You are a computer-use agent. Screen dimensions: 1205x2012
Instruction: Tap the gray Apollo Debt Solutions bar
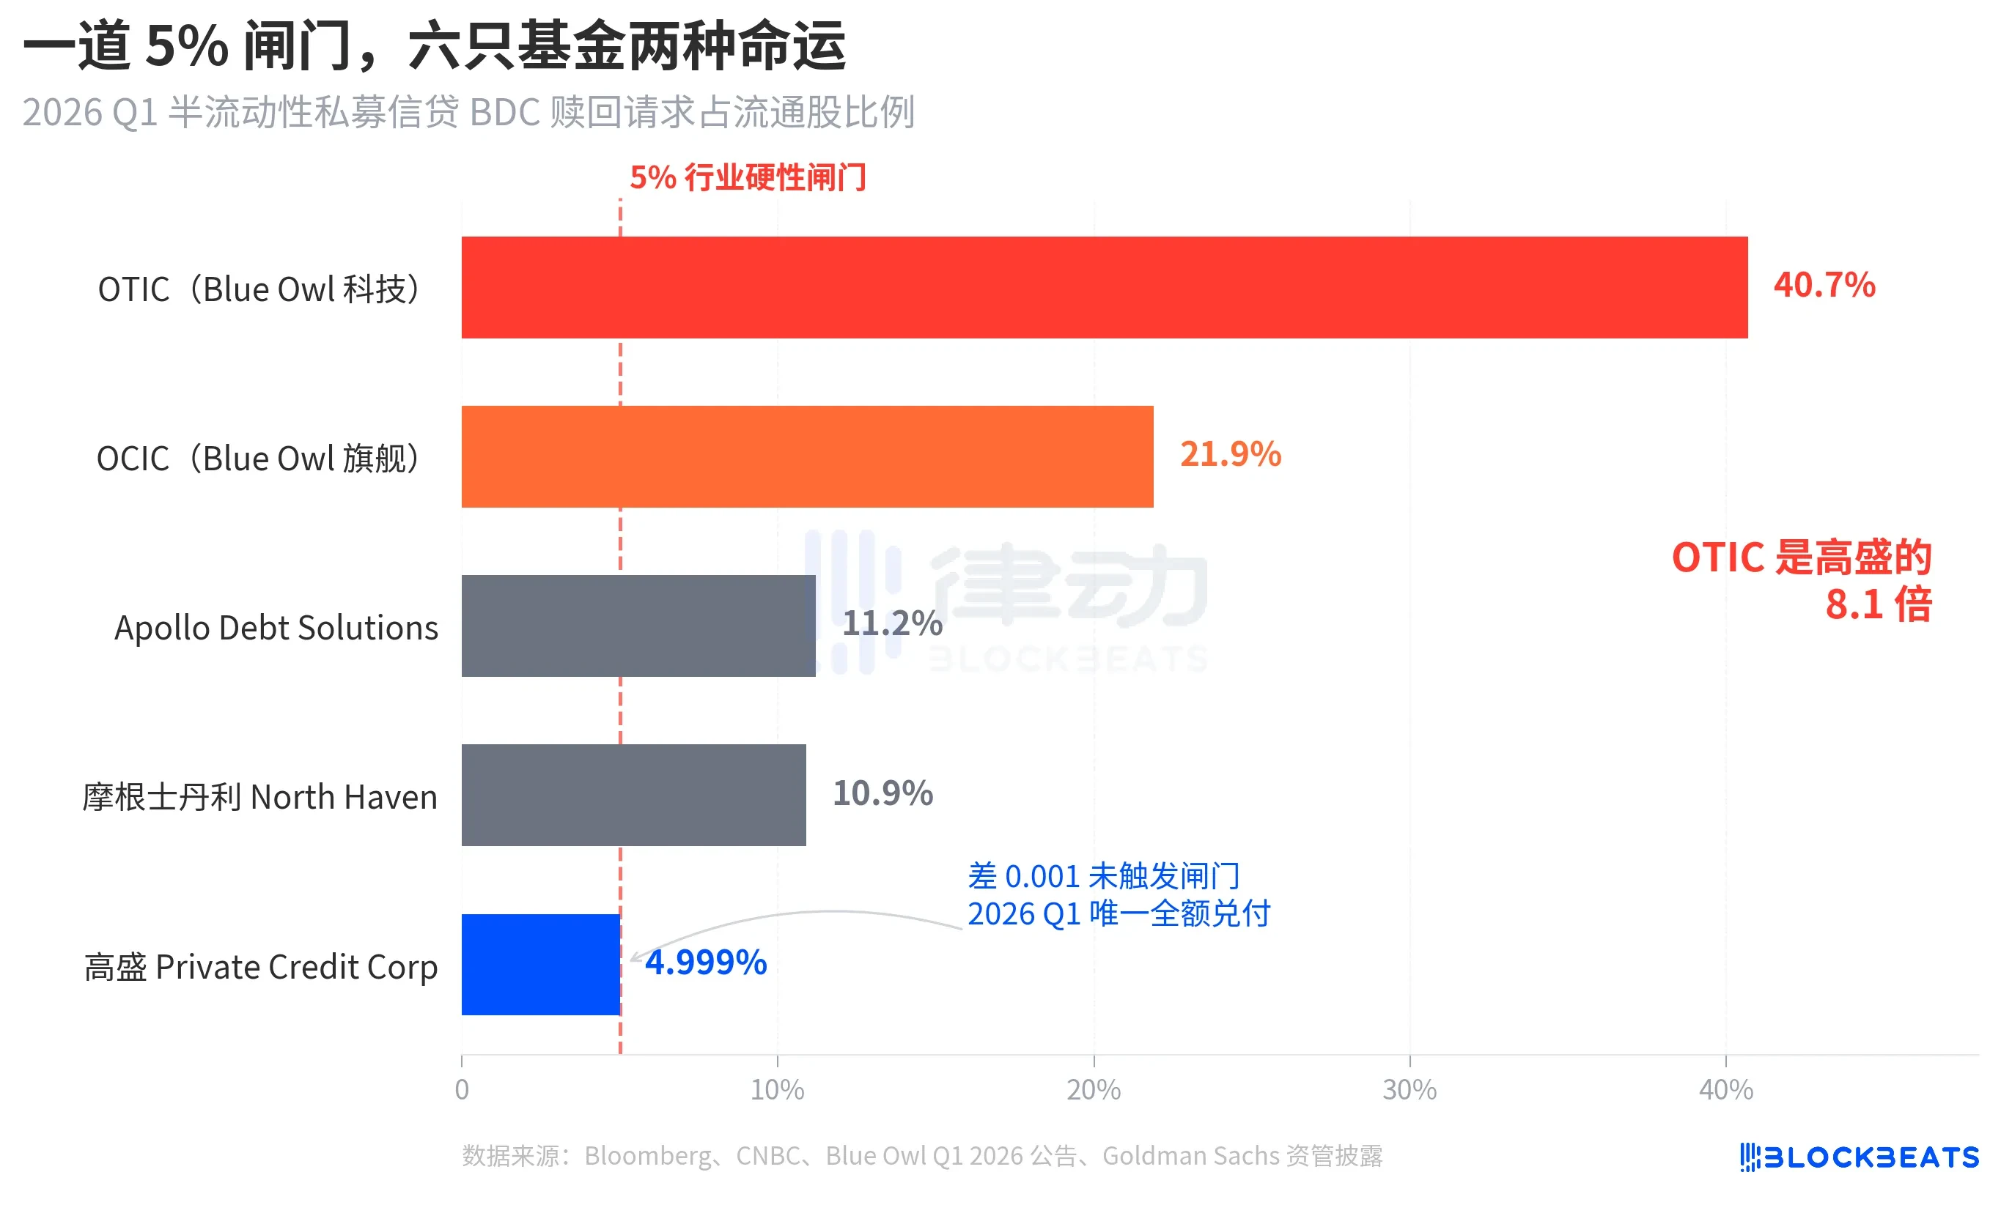[x=638, y=626]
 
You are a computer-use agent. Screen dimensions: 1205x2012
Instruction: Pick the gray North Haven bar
[x=633, y=795]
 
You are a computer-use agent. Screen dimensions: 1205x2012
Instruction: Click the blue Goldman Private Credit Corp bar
[x=540, y=965]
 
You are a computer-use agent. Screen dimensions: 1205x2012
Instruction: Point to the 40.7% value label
[x=1824, y=285]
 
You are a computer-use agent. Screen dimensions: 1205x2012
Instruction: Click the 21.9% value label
[x=1230, y=454]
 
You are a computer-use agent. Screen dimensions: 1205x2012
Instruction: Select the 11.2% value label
[x=891, y=623]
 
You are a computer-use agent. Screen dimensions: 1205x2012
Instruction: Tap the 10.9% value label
[x=882, y=793]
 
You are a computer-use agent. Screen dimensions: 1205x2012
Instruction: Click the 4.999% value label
[x=705, y=963]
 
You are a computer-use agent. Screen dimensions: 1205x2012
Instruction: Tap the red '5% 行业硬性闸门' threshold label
[x=748, y=177]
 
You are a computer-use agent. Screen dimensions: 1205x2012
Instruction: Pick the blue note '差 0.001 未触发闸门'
[x=1103, y=876]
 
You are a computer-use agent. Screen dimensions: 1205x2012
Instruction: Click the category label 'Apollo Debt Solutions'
[x=276, y=628]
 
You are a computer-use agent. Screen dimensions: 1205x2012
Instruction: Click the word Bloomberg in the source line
[x=646, y=1155]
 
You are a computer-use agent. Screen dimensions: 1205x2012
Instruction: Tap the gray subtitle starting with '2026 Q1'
[x=468, y=112]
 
